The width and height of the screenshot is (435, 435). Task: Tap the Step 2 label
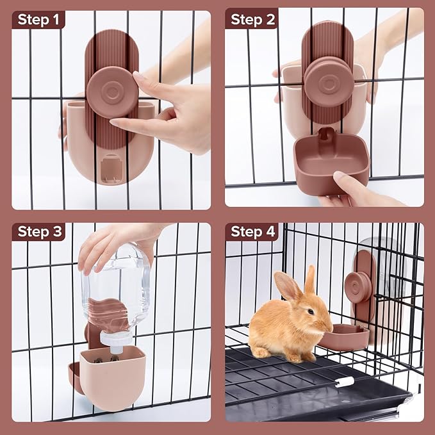[252, 20]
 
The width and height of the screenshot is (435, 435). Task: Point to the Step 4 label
[252, 231]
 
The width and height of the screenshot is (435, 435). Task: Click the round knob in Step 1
[111, 92]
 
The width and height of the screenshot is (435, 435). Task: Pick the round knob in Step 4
[356, 287]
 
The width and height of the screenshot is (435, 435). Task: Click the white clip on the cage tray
[344, 382]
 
